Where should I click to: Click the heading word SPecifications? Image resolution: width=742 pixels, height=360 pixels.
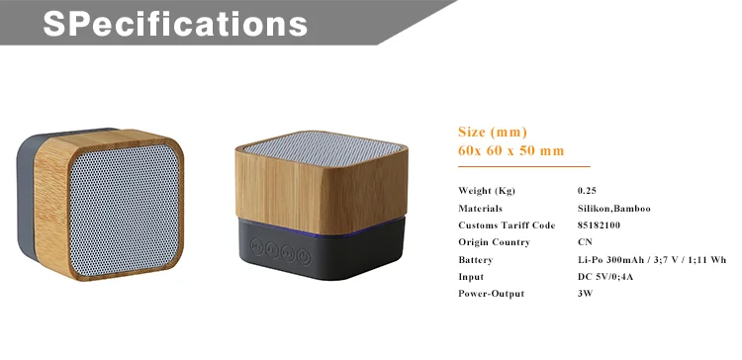coord(174,23)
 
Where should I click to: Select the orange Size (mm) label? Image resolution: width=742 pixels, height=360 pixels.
coord(492,132)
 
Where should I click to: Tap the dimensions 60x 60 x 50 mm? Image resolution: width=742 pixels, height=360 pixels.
coord(510,150)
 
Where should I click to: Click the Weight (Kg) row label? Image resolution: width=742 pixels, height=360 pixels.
coord(487,191)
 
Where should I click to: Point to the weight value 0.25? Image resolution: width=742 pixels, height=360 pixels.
coord(587,191)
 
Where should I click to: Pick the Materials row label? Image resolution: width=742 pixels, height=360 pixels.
coord(481,209)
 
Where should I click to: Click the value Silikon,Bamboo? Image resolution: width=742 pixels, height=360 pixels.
coord(613,209)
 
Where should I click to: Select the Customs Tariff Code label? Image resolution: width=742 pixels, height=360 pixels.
coord(507,225)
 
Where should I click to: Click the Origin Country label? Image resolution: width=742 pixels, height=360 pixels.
coord(495,242)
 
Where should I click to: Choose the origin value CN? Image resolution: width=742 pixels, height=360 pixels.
coord(585,242)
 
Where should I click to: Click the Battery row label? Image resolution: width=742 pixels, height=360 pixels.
coord(476,260)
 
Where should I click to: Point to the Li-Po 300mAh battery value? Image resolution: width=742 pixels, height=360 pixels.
coord(652,260)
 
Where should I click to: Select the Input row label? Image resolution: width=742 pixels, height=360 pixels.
coord(471,277)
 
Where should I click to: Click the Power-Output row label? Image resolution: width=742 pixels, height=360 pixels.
coord(491,294)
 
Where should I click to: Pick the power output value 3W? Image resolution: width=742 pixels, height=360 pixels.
coord(585,294)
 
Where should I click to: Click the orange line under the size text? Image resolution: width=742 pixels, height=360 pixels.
coord(523,167)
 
